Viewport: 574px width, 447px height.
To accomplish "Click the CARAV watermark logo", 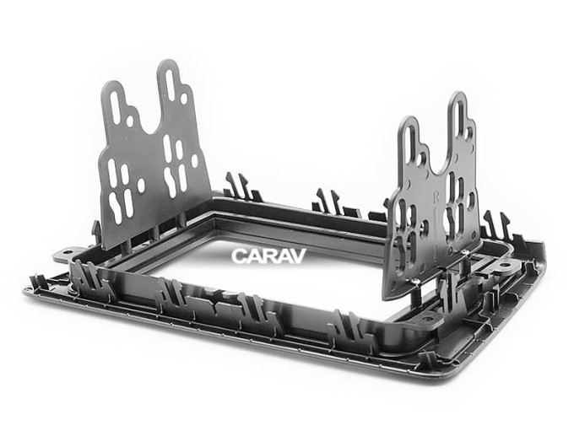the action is [268, 256].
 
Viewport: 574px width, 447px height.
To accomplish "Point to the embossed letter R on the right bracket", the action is [436, 197].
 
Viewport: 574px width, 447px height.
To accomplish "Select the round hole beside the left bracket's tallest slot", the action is [184, 99].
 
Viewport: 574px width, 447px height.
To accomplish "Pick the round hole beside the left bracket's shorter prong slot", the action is [130, 121].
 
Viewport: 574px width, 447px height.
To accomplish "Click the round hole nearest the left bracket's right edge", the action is [194, 160].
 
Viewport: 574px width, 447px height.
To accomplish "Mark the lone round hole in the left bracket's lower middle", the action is [141, 186].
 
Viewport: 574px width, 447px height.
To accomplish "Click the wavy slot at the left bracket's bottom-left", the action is [114, 207].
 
